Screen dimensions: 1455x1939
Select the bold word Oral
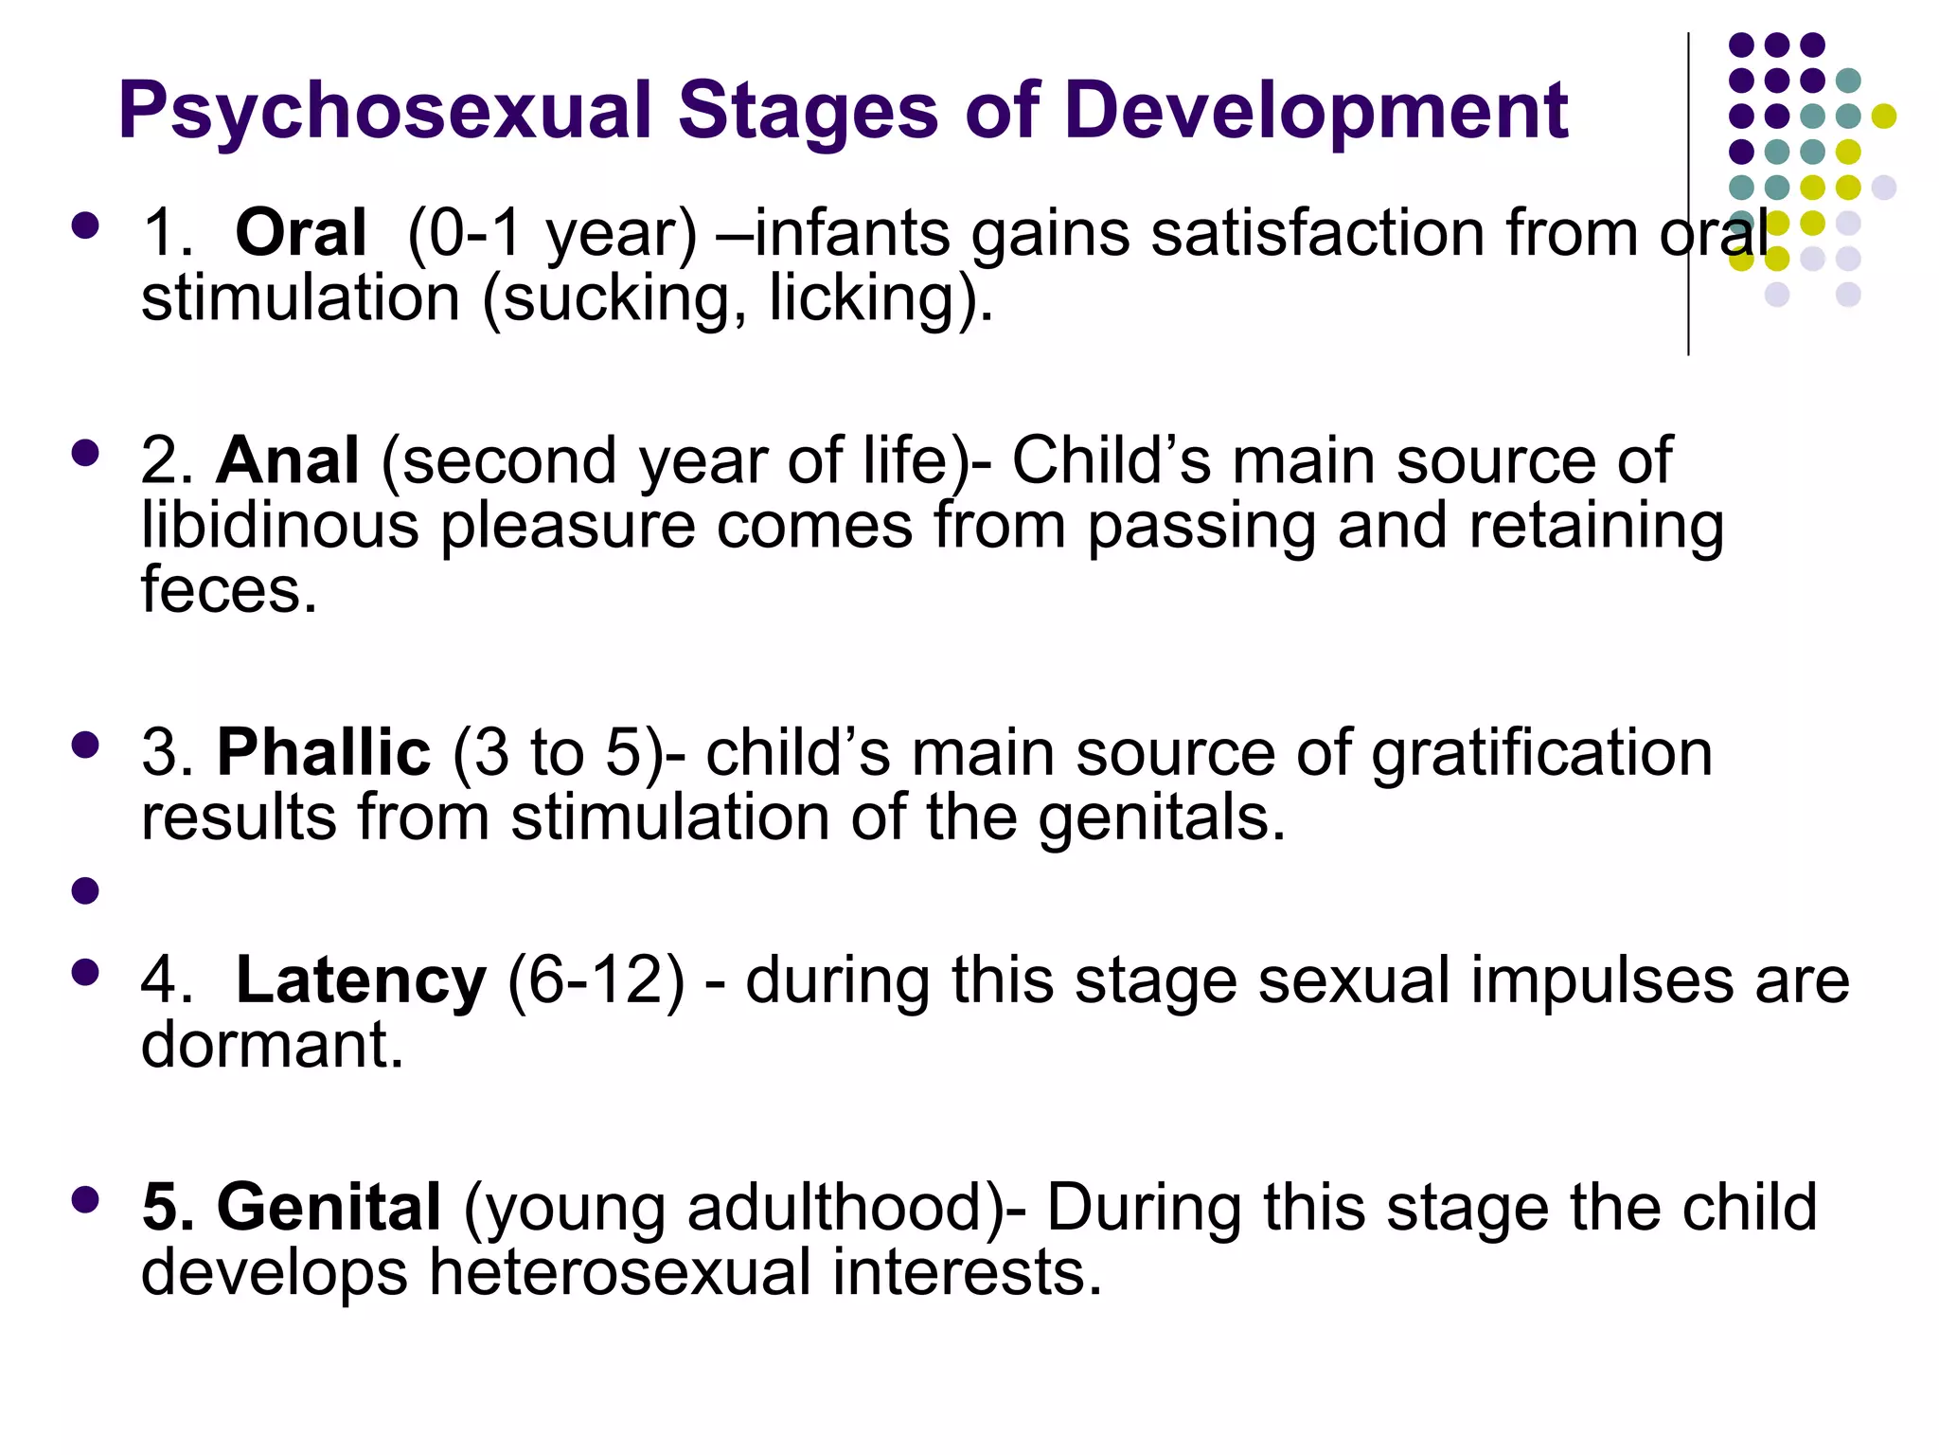300,233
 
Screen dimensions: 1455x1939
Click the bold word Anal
288,461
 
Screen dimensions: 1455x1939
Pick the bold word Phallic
324,753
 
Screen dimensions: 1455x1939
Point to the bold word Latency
361,980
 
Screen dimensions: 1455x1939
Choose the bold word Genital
329,1208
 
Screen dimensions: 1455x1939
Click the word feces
228,590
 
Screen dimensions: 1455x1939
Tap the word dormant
272,1045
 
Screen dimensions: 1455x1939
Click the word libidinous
279,526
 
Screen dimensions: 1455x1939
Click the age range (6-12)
596,980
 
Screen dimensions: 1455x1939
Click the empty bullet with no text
85,890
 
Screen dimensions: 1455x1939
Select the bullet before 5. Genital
85,1200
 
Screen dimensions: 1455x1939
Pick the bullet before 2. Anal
85,454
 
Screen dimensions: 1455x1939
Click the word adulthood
839,1208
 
